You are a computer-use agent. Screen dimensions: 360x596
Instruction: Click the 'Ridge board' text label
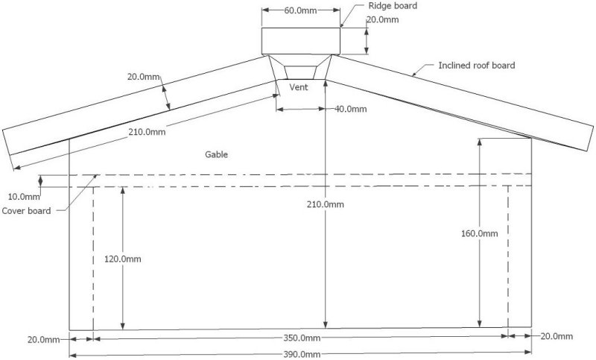coord(393,6)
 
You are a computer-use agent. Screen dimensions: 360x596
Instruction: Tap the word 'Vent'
coord(299,87)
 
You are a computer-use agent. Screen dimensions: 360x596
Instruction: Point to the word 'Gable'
coord(216,154)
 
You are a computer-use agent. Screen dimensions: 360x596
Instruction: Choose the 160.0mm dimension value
coord(480,233)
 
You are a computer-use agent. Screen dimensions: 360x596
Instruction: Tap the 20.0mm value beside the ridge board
coord(382,20)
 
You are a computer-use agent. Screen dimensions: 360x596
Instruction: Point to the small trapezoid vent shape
coord(300,72)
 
